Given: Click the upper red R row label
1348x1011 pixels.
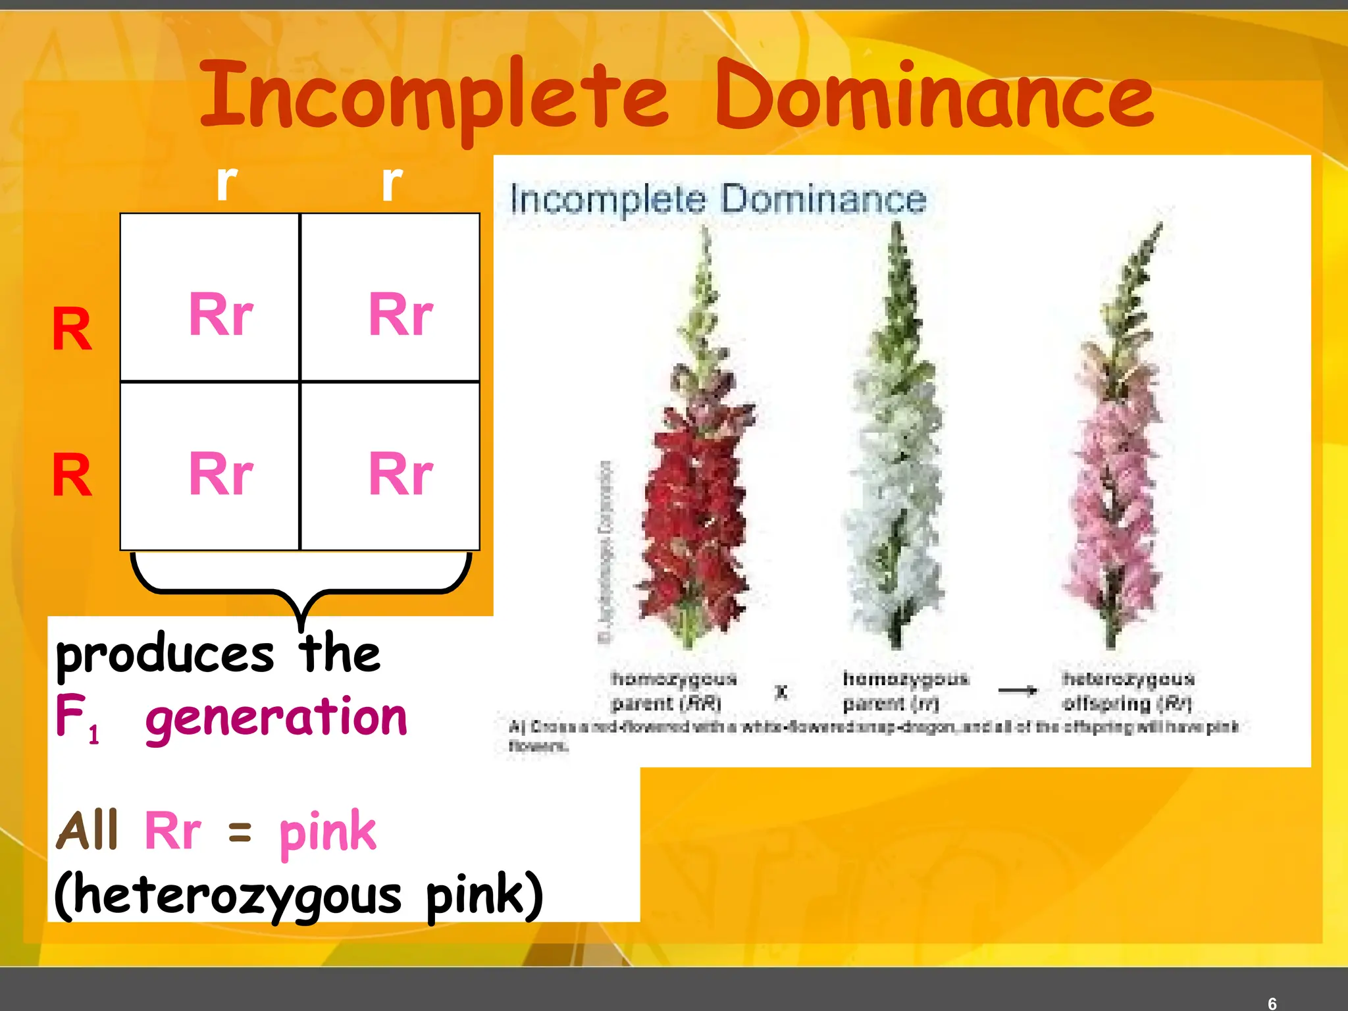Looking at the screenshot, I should [72, 329].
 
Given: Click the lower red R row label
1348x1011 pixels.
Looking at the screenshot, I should [72, 475].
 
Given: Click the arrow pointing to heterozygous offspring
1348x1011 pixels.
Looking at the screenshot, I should [1018, 690].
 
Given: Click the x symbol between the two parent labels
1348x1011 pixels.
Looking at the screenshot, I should [781, 692].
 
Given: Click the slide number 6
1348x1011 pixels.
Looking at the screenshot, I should [1272, 1003].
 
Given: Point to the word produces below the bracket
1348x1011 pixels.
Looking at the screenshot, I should [165, 655].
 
